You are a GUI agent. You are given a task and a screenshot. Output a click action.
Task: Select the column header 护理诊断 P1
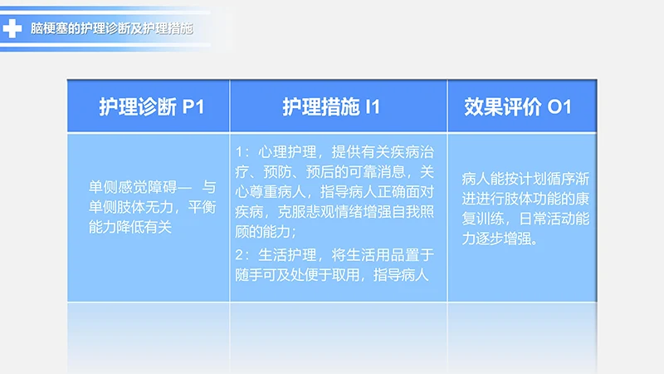click(x=151, y=107)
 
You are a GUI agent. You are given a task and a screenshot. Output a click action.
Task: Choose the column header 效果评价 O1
click(x=518, y=107)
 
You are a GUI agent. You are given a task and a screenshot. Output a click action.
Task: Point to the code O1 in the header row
click(x=560, y=107)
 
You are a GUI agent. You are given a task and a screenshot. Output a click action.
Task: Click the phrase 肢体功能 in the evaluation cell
click(x=551, y=200)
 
